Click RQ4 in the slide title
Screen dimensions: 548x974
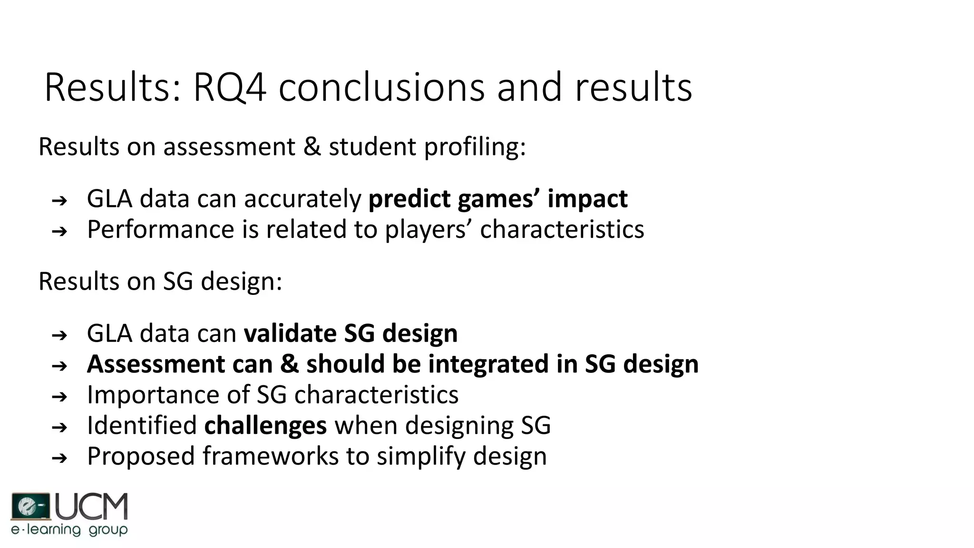229,88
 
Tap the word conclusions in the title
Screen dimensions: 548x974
381,88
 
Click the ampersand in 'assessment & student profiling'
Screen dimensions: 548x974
312,147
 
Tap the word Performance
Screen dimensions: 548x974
161,230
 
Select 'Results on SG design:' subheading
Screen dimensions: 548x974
160,282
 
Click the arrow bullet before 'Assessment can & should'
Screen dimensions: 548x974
59,366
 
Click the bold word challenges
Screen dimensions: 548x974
265,425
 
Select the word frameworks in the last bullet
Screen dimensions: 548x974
270,456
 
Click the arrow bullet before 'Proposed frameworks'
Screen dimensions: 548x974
59,459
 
